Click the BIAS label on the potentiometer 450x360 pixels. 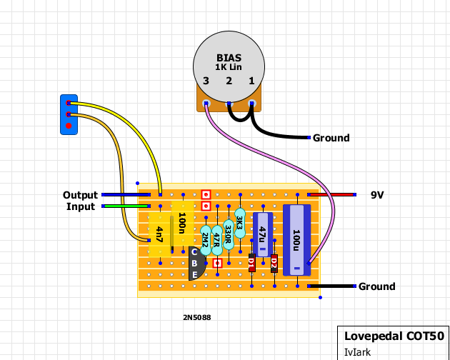coord(229,58)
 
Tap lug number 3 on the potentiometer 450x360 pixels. coord(206,104)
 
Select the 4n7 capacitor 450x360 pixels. coord(159,234)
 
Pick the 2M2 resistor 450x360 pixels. coord(206,240)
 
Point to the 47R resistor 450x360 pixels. coord(217,240)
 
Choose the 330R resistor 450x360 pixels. coord(229,234)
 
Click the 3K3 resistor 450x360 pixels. coord(240,223)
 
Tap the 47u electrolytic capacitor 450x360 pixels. coord(263,234)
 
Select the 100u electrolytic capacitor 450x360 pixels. coord(297,240)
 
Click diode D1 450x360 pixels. coord(251,263)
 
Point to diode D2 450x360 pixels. coord(274,263)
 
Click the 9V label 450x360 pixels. coord(377,195)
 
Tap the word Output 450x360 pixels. coord(80,195)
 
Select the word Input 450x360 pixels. coord(81,206)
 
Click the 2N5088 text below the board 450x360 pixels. coord(197,318)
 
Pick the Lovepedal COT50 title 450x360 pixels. coord(394,336)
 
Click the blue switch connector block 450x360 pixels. coord(69,114)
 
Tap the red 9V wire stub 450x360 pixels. coord(331,194)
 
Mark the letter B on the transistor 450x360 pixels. coord(194,264)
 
